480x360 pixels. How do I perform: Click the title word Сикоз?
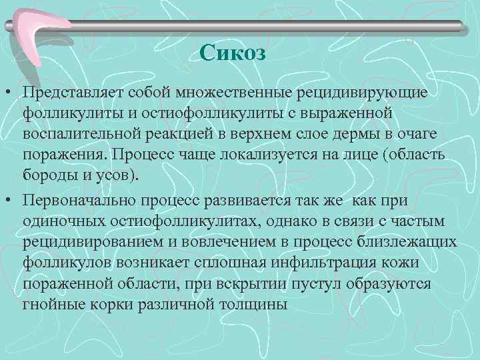coord(233,53)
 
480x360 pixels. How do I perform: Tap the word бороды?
coord(47,177)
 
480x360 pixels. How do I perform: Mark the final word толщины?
coord(254,306)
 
